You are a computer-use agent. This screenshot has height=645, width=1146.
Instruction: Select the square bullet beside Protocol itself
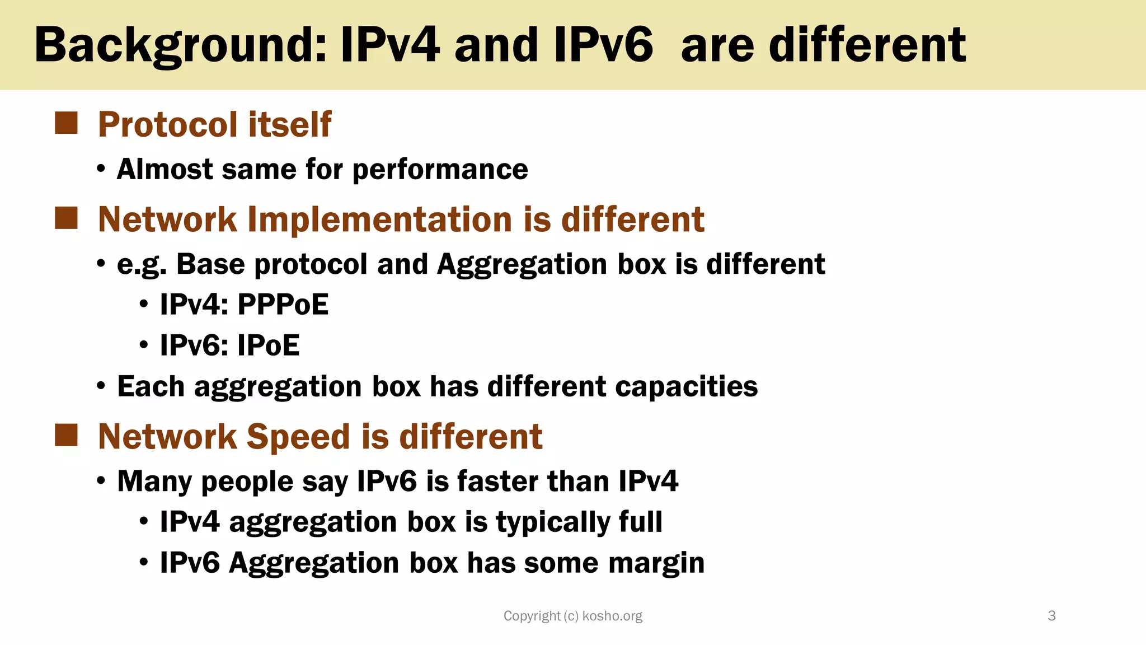click(x=66, y=123)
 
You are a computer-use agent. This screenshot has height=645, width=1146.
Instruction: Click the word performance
click(x=440, y=169)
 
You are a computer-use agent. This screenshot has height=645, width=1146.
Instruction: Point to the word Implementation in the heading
click(x=379, y=219)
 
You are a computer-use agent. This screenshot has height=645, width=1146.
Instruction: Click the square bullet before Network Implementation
click(x=66, y=218)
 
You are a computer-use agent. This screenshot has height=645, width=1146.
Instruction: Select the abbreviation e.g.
click(x=142, y=265)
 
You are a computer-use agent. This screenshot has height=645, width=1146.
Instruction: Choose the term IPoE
click(x=268, y=345)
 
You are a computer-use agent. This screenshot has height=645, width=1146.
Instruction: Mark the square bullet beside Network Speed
click(x=66, y=436)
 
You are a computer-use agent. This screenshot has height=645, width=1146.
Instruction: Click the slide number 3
click(x=1051, y=616)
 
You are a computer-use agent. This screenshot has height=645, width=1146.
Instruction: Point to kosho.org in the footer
click(x=612, y=616)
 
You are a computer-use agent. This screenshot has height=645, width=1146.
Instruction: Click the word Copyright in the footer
click(x=532, y=616)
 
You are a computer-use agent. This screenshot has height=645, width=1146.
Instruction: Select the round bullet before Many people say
click(x=101, y=481)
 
